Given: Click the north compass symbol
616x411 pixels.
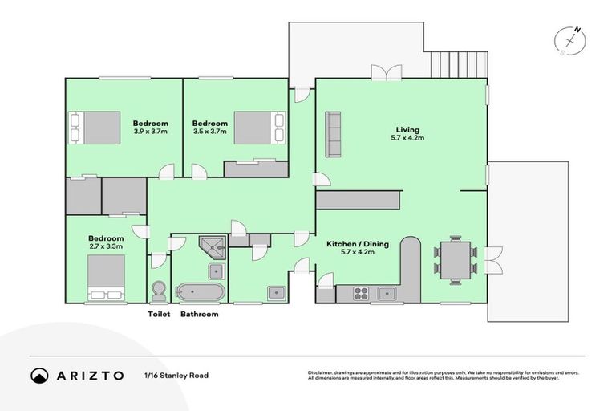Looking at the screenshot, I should [x=572, y=39].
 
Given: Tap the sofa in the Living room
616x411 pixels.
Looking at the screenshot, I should [x=333, y=134].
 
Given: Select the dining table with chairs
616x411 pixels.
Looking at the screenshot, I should [x=456, y=258].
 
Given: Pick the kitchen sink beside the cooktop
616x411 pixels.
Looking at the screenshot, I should [x=388, y=293].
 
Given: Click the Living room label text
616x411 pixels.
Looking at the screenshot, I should [x=407, y=129].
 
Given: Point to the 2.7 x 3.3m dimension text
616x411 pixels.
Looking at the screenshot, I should [x=106, y=247].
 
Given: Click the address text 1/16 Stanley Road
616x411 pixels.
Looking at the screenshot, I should [x=172, y=375].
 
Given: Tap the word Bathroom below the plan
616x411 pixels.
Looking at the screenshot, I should [x=200, y=315].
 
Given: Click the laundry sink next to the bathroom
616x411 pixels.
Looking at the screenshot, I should [x=275, y=292].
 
